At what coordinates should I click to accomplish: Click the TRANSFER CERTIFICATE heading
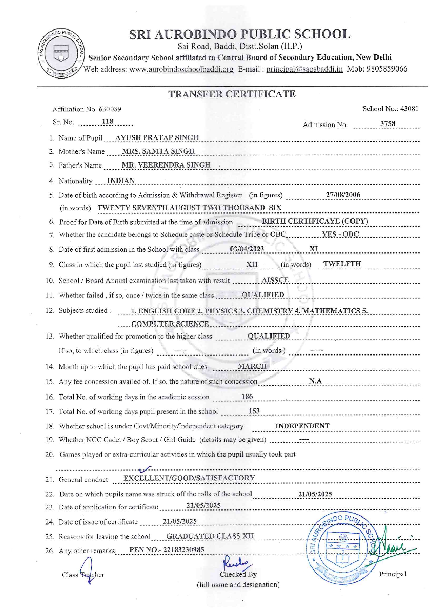[232, 94]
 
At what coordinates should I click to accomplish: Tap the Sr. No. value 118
[107, 121]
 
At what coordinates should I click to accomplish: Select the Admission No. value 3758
[388, 123]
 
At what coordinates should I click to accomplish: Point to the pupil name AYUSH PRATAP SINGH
[157, 137]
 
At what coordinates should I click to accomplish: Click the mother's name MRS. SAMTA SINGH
[158, 151]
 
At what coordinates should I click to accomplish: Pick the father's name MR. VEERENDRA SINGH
[166, 165]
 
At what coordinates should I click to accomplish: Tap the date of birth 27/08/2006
[343, 195]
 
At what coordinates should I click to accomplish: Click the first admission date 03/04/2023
[247, 249]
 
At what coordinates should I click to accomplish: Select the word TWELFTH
[342, 264]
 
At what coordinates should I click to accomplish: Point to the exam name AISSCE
[275, 280]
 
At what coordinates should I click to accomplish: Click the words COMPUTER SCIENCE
[170, 323]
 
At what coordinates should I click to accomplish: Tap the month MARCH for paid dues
[252, 366]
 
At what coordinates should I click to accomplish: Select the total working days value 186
[247, 397]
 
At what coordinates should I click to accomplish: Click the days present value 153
[254, 411]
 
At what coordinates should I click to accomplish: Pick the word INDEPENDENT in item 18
[302, 426]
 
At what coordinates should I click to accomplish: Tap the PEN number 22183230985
[183, 549]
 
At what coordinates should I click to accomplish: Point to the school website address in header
[181, 69]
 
